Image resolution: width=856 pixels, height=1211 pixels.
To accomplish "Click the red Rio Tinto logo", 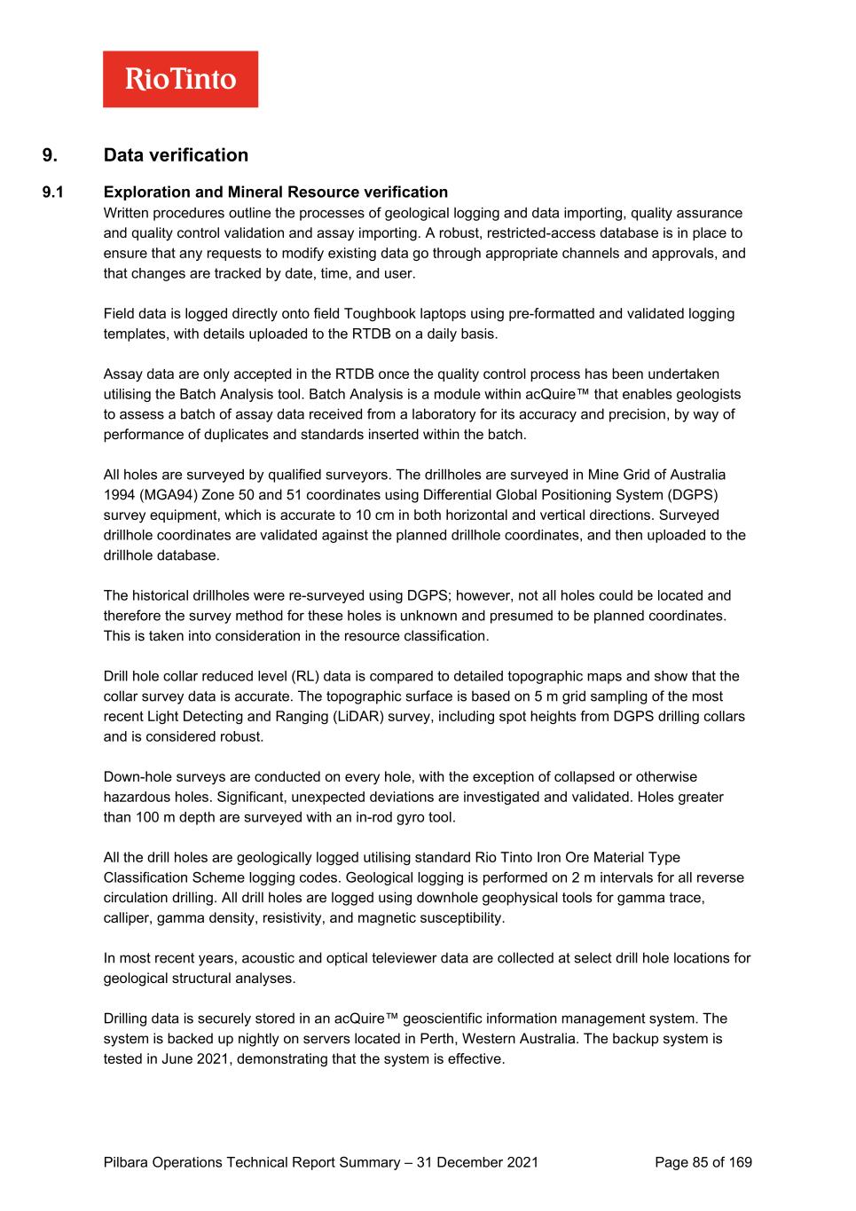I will tap(180, 79).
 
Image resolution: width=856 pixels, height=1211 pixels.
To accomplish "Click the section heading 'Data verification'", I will tap(176, 155).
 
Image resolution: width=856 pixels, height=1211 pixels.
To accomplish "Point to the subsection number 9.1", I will tap(54, 193).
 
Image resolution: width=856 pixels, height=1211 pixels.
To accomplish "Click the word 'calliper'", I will tap(127, 918).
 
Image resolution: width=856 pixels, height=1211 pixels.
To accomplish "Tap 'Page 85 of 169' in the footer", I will tap(703, 1163).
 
